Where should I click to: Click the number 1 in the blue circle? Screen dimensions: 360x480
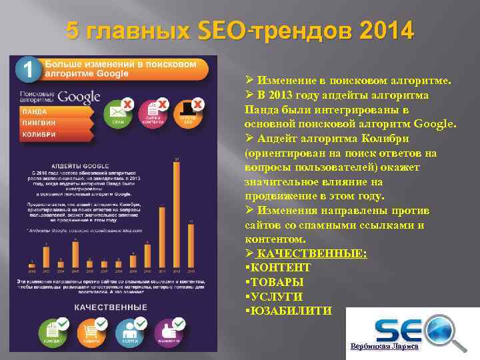[27, 68]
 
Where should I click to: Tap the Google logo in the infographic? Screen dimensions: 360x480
[79, 97]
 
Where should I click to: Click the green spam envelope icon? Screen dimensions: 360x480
[119, 112]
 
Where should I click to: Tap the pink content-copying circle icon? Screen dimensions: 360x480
[153, 112]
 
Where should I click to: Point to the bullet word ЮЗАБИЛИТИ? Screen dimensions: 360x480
[290, 311]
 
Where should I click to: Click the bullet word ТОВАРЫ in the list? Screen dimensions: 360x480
[276, 282]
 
